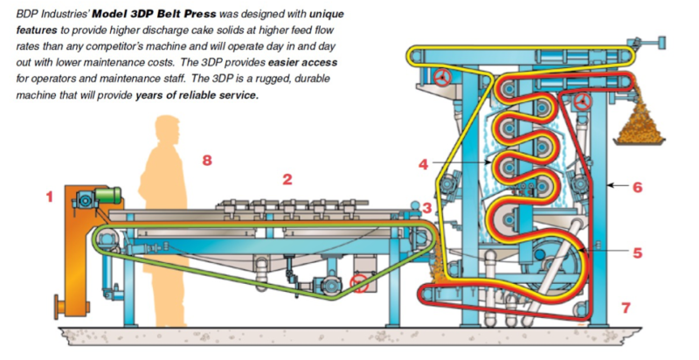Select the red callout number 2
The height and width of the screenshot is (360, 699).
(x=287, y=180)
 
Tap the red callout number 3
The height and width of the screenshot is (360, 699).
(x=427, y=207)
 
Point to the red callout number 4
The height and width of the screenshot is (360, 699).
(x=422, y=163)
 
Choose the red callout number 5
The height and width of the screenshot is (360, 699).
(x=637, y=253)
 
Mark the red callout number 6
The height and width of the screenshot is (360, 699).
(x=637, y=186)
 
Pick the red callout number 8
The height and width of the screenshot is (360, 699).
(x=207, y=160)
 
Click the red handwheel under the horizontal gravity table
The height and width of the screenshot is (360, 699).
(x=358, y=282)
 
